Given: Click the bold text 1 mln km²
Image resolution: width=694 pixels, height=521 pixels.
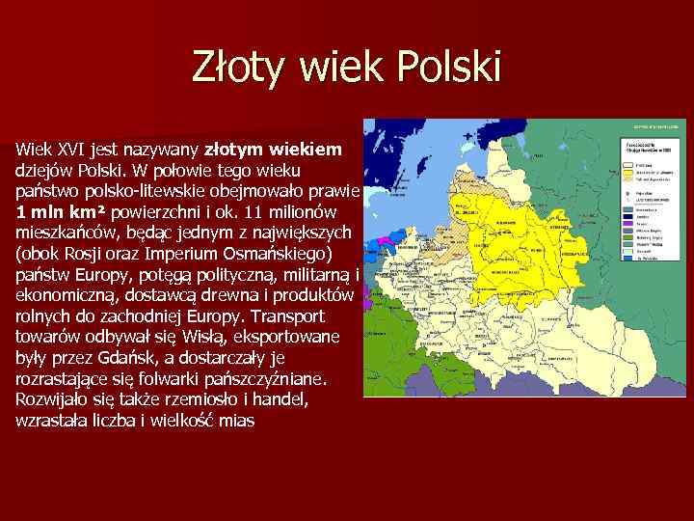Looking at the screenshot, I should [64, 211].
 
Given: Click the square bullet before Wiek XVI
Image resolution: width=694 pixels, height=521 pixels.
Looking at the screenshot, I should [6, 151].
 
